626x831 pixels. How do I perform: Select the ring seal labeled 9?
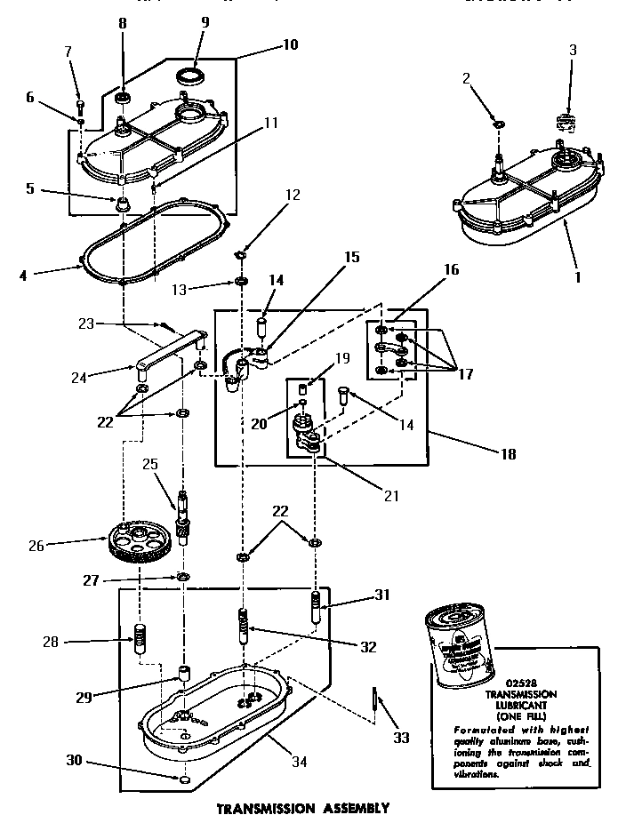click(189, 74)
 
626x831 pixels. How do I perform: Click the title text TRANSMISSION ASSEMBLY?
click(303, 809)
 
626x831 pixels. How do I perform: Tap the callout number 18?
click(507, 453)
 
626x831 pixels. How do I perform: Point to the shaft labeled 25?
click(184, 515)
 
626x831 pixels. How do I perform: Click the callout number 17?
click(467, 372)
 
